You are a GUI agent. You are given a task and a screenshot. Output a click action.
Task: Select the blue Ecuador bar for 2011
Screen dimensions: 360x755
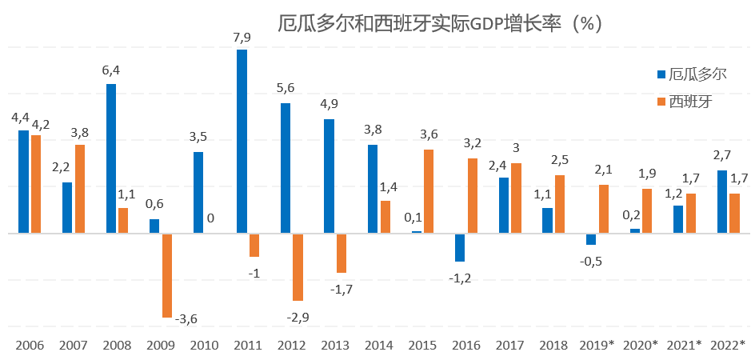point(242,142)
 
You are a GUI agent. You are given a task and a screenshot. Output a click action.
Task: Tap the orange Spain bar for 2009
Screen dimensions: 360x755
point(167,275)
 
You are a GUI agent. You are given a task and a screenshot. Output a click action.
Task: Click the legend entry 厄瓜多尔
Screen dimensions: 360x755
point(692,74)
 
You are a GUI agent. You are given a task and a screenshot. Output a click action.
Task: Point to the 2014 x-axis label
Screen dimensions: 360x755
point(379,345)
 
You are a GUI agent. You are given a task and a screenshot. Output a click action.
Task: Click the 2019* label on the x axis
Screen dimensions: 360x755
point(597,345)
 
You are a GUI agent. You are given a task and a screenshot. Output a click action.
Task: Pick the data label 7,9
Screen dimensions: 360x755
point(242,38)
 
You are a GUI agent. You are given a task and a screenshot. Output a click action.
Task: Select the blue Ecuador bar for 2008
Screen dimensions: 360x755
point(111,158)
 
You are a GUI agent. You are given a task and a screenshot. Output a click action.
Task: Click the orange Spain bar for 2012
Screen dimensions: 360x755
point(298,267)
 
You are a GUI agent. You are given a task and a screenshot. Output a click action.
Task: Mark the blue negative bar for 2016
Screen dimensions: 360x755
point(460,247)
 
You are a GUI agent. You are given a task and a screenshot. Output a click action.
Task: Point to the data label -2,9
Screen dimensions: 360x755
point(298,317)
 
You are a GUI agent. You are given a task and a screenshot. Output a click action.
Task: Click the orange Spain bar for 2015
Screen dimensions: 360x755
point(429,191)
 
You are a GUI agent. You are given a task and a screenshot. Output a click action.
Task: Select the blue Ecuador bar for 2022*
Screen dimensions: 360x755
point(722,202)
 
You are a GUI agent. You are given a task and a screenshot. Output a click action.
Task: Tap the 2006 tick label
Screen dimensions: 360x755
point(30,345)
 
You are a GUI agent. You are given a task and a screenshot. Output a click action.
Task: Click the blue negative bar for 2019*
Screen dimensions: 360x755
point(591,239)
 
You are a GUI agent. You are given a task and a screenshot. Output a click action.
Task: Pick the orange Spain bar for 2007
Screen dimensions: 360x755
point(80,189)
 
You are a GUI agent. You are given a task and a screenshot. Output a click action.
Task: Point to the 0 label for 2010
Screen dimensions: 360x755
point(210,218)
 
